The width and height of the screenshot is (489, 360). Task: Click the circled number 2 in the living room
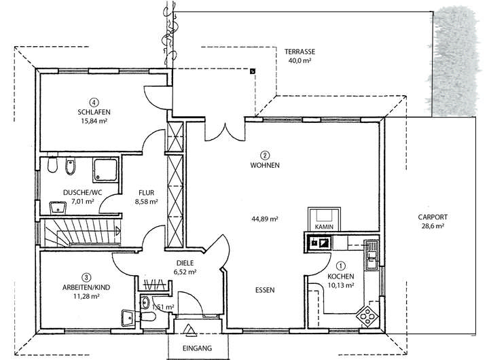point(266,155)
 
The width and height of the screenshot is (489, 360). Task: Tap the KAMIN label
point(322,227)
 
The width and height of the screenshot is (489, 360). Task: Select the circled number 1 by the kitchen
point(341,267)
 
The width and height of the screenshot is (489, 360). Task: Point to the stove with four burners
point(368,314)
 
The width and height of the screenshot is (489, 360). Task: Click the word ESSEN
point(265,290)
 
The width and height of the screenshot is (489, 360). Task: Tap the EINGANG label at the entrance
point(197,348)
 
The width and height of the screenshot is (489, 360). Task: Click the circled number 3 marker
point(86,276)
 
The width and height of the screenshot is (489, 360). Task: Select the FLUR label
point(147,192)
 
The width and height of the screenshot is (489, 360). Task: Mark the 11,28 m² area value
point(86,296)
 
